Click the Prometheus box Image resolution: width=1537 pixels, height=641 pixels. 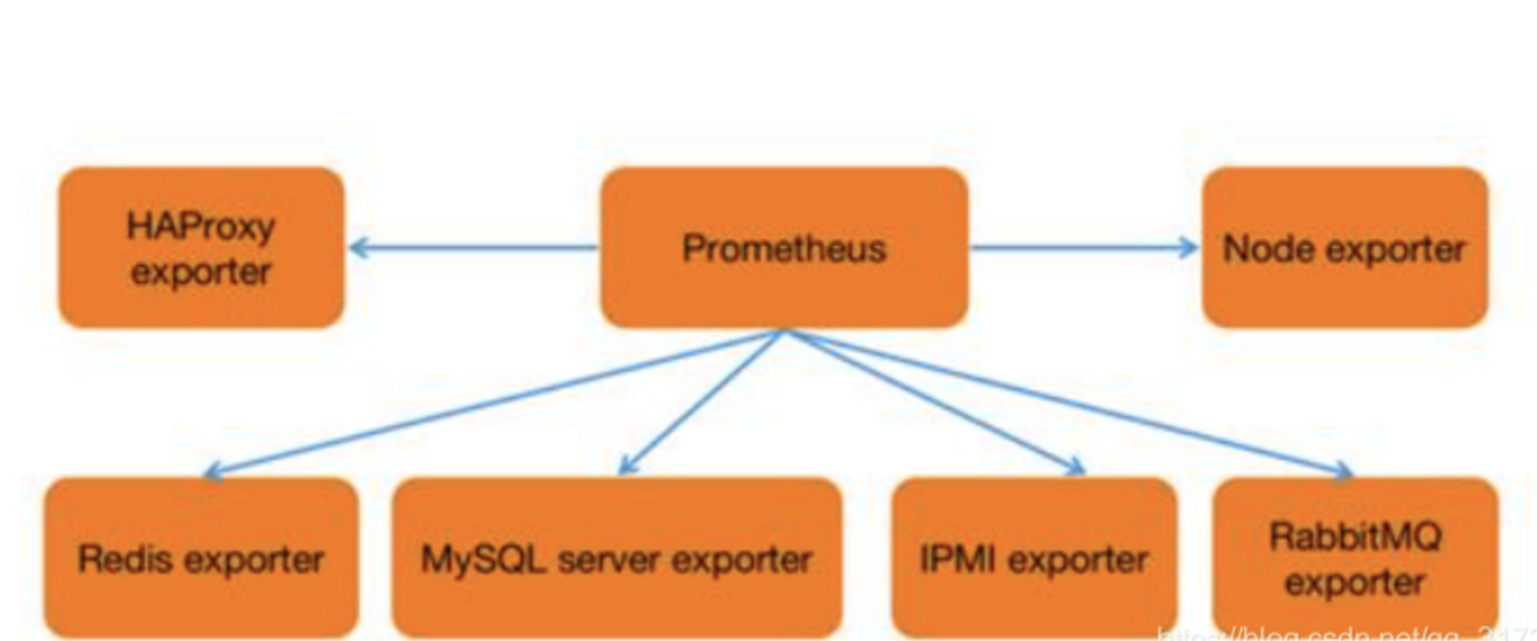783,248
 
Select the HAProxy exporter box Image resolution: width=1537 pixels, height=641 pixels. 201,248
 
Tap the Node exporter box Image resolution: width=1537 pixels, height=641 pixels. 1344,248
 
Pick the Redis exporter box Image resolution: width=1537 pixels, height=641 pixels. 201,558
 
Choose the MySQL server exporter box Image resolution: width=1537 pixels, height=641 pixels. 616,558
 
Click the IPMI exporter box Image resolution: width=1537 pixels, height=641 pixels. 1033,558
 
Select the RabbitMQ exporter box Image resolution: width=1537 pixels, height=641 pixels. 1355,558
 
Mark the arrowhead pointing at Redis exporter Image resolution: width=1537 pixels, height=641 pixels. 213,471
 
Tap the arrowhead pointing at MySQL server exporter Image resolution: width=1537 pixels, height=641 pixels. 627,466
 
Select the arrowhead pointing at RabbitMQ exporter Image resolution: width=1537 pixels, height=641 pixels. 1343,471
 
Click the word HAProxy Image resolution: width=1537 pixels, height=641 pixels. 201,226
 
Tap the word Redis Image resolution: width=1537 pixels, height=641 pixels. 113,559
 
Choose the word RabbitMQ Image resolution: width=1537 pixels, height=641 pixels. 1355,537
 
